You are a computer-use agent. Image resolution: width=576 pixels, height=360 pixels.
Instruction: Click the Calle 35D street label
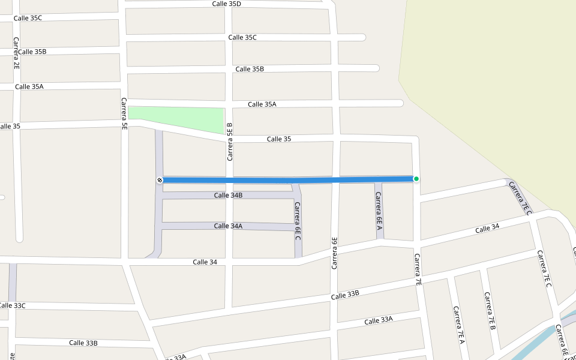click(226, 4)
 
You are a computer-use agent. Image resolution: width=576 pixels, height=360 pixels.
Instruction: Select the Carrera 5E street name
click(125, 114)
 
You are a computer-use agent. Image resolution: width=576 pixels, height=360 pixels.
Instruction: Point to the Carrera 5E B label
click(230, 141)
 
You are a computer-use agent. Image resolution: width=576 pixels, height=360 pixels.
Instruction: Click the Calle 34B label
click(228, 196)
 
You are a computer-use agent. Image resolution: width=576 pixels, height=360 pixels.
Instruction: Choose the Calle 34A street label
click(228, 226)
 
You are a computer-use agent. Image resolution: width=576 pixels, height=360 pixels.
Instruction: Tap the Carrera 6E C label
click(298, 221)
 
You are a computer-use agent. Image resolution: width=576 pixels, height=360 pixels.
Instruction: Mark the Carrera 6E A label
click(379, 211)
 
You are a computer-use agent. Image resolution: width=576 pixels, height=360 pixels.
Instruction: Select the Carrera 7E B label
click(490, 311)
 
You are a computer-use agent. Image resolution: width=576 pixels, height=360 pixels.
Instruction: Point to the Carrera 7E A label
click(459, 325)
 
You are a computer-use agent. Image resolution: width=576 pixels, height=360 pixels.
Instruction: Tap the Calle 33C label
click(12, 306)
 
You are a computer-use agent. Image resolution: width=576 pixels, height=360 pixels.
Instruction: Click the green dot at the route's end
click(416, 179)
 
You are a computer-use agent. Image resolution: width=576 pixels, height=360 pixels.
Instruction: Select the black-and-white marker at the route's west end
click(160, 180)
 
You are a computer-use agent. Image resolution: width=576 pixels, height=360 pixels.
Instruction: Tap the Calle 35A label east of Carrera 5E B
click(262, 104)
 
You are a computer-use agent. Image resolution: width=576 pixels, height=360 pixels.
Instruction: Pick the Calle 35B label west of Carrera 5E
click(32, 52)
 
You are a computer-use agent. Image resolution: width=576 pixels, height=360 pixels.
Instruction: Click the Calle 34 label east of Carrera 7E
click(487, 229)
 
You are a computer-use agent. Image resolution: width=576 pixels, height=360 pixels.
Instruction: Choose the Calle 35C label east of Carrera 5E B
click(242, 38)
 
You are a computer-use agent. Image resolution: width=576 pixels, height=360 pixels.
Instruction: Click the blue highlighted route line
click(288, 179)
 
